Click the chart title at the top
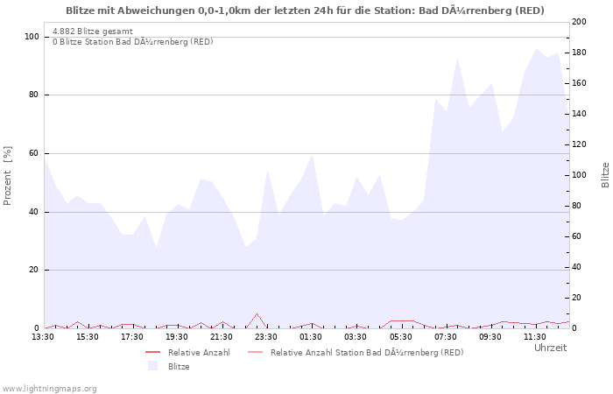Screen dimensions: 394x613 point(305,11)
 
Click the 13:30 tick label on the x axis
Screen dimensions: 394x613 point(44,336)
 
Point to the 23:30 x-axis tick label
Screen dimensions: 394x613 point(266,336)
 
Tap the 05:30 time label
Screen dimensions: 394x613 point(400,336)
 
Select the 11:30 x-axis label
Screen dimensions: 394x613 point(534,336)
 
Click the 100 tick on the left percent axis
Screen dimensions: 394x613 point(32,37)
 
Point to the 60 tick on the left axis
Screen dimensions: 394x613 point(33,153)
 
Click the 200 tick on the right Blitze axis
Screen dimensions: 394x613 point(581,22)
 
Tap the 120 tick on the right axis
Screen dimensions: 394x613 point(581,144)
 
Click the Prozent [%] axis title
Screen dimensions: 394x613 point(8,176)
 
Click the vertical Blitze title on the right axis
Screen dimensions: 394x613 point(605,174)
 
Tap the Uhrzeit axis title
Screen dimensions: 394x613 point(550,348)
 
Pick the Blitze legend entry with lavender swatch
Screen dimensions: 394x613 point(179,366)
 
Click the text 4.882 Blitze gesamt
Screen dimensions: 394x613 point(93,32)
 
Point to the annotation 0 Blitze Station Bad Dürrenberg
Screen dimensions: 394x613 point(132,41)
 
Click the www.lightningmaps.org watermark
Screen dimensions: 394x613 point(49,388)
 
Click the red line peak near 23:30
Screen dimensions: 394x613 point(257,314)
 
